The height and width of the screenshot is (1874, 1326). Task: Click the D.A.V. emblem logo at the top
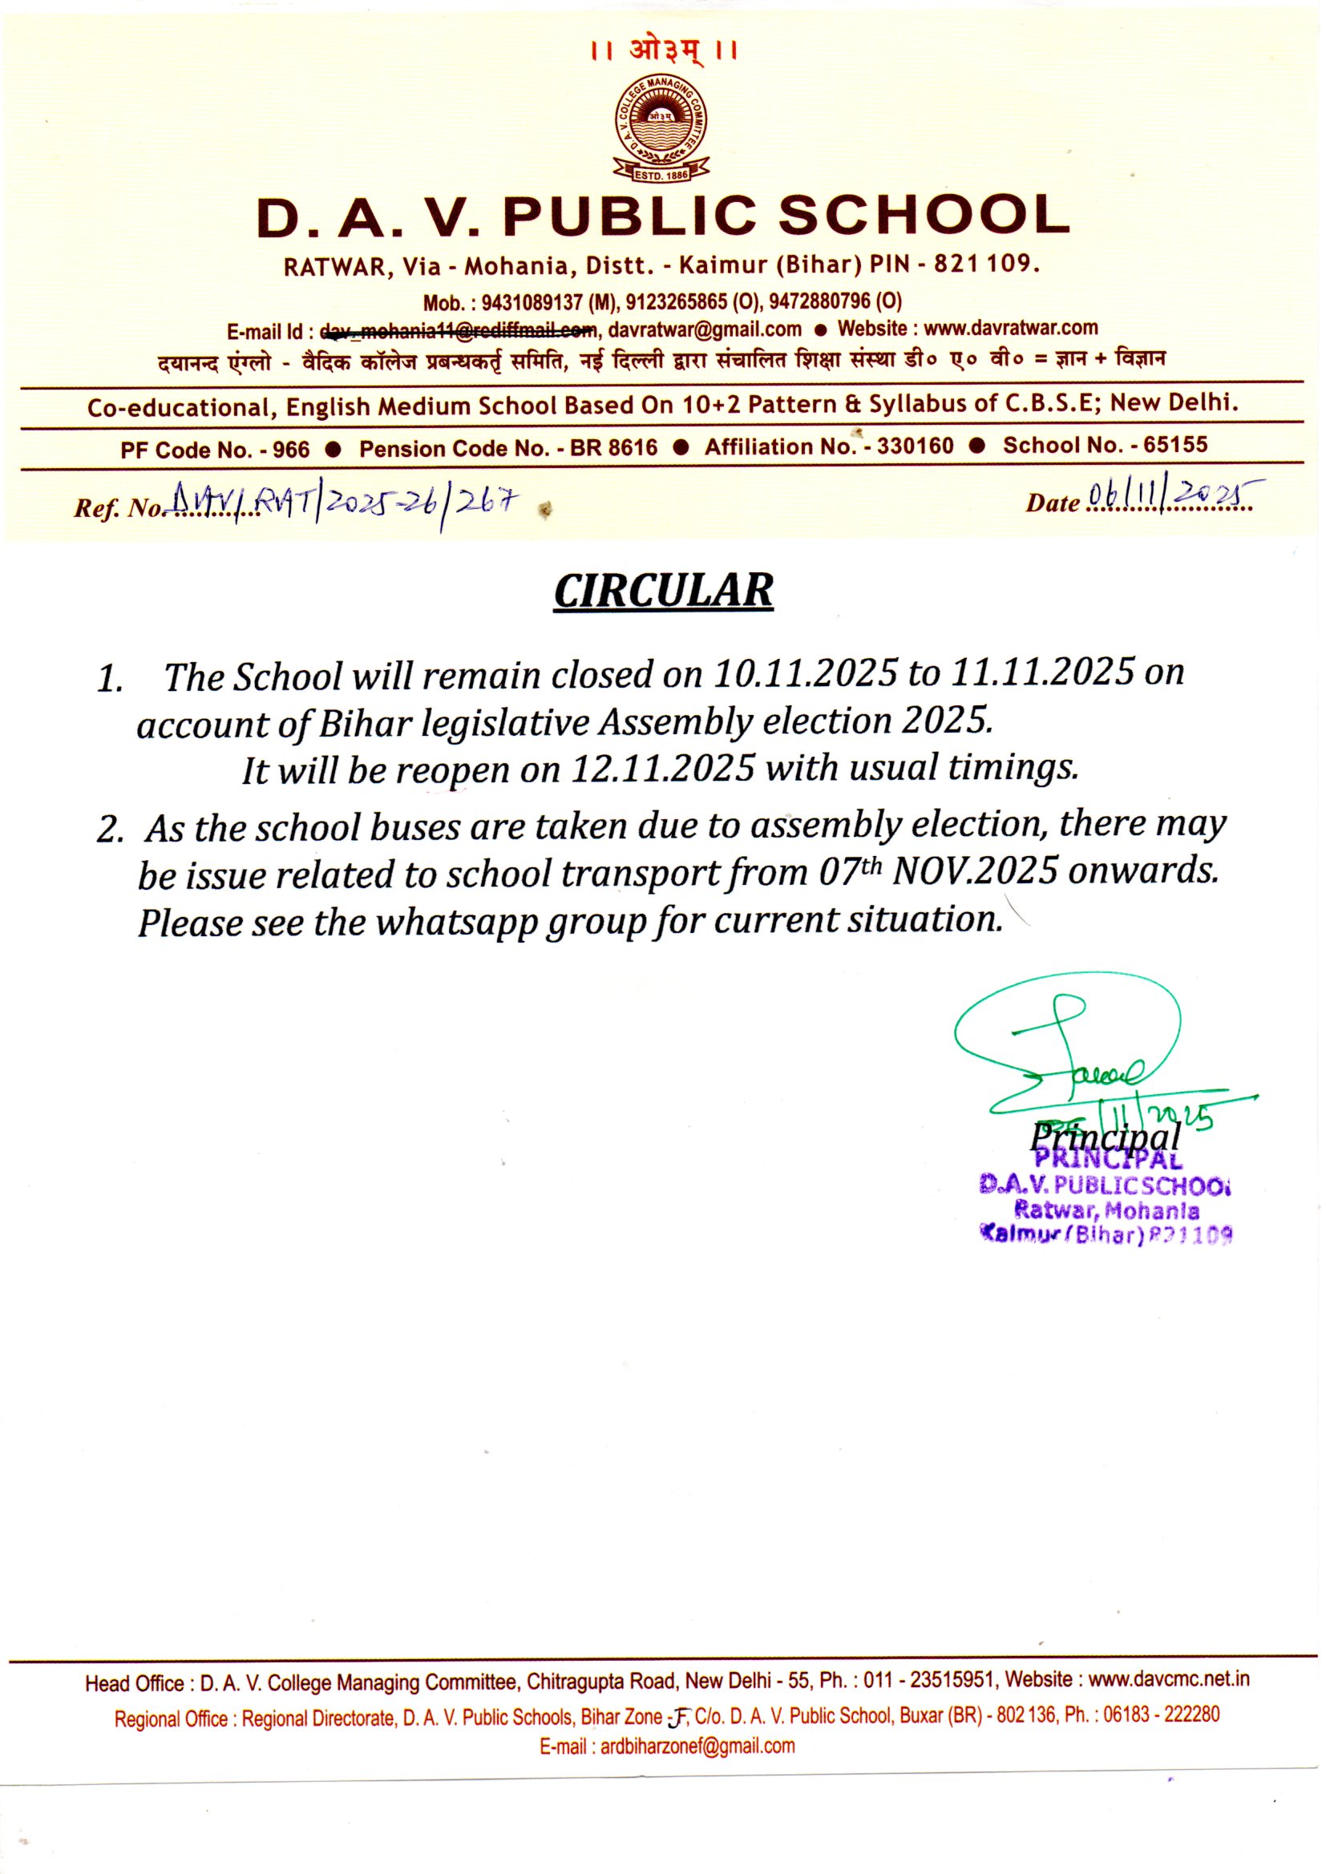662,130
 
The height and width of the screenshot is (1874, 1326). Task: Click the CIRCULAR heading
663,591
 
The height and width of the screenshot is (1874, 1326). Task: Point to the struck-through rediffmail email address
459,330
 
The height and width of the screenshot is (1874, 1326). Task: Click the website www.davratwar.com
1011,328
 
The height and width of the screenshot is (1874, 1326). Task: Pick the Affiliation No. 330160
829,446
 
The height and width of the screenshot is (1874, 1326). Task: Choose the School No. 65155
1105,445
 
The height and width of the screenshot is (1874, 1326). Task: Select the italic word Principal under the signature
1105,1136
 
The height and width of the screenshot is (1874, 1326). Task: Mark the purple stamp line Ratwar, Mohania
1106,1210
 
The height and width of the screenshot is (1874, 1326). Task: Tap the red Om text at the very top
663,50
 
